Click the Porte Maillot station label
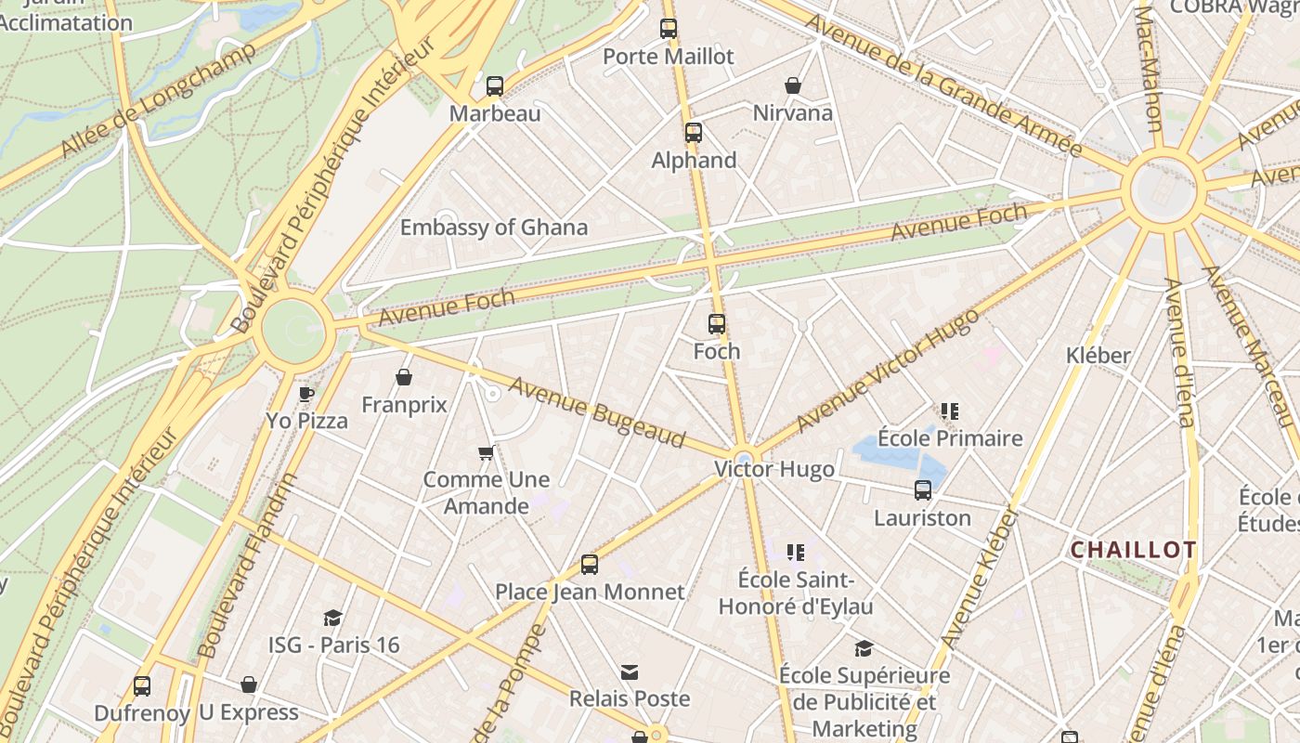point(669,57)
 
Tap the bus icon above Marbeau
point(495,86)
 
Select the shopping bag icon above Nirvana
point(793,85)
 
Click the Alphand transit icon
point(694,133)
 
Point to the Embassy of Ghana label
point(493,228)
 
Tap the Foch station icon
point(717,324)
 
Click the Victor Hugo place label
point(773,470)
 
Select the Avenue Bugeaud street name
point(596,411)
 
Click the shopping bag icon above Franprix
point(404,377)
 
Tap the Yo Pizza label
point(307,421)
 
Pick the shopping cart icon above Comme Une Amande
point(486,453)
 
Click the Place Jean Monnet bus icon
point(590,564)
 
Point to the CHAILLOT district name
point(1134,550)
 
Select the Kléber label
point(1098,356)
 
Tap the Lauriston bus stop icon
point(923,490)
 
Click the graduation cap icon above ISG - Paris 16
point(332,618)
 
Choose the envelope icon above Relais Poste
point(630,671)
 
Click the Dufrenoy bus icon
point(142,685)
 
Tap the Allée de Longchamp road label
point(158,100)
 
